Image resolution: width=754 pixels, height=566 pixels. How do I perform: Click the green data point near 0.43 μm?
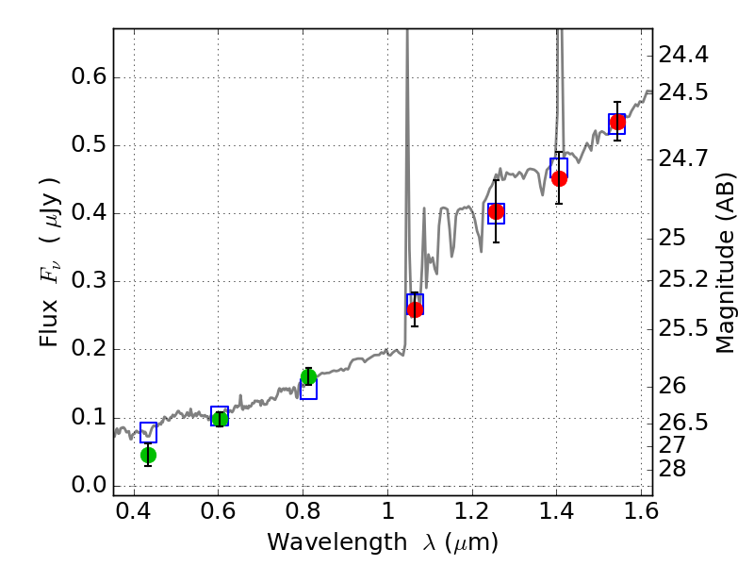coord(148,455)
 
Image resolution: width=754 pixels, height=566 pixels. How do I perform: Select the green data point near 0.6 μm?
coord(220,419)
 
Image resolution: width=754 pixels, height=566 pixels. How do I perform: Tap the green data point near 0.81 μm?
coord(308,377)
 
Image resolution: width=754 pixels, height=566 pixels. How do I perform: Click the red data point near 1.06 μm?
coord(415,309)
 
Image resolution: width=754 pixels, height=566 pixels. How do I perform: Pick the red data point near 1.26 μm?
coord(496,211)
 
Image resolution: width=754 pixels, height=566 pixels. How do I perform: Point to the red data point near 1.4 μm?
coord(559,178)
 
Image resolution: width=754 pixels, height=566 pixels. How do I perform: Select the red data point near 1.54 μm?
coord(617,122)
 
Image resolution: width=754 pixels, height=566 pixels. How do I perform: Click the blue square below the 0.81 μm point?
coord(308,390)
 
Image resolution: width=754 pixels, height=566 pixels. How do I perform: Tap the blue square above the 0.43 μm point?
coord(148,433)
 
